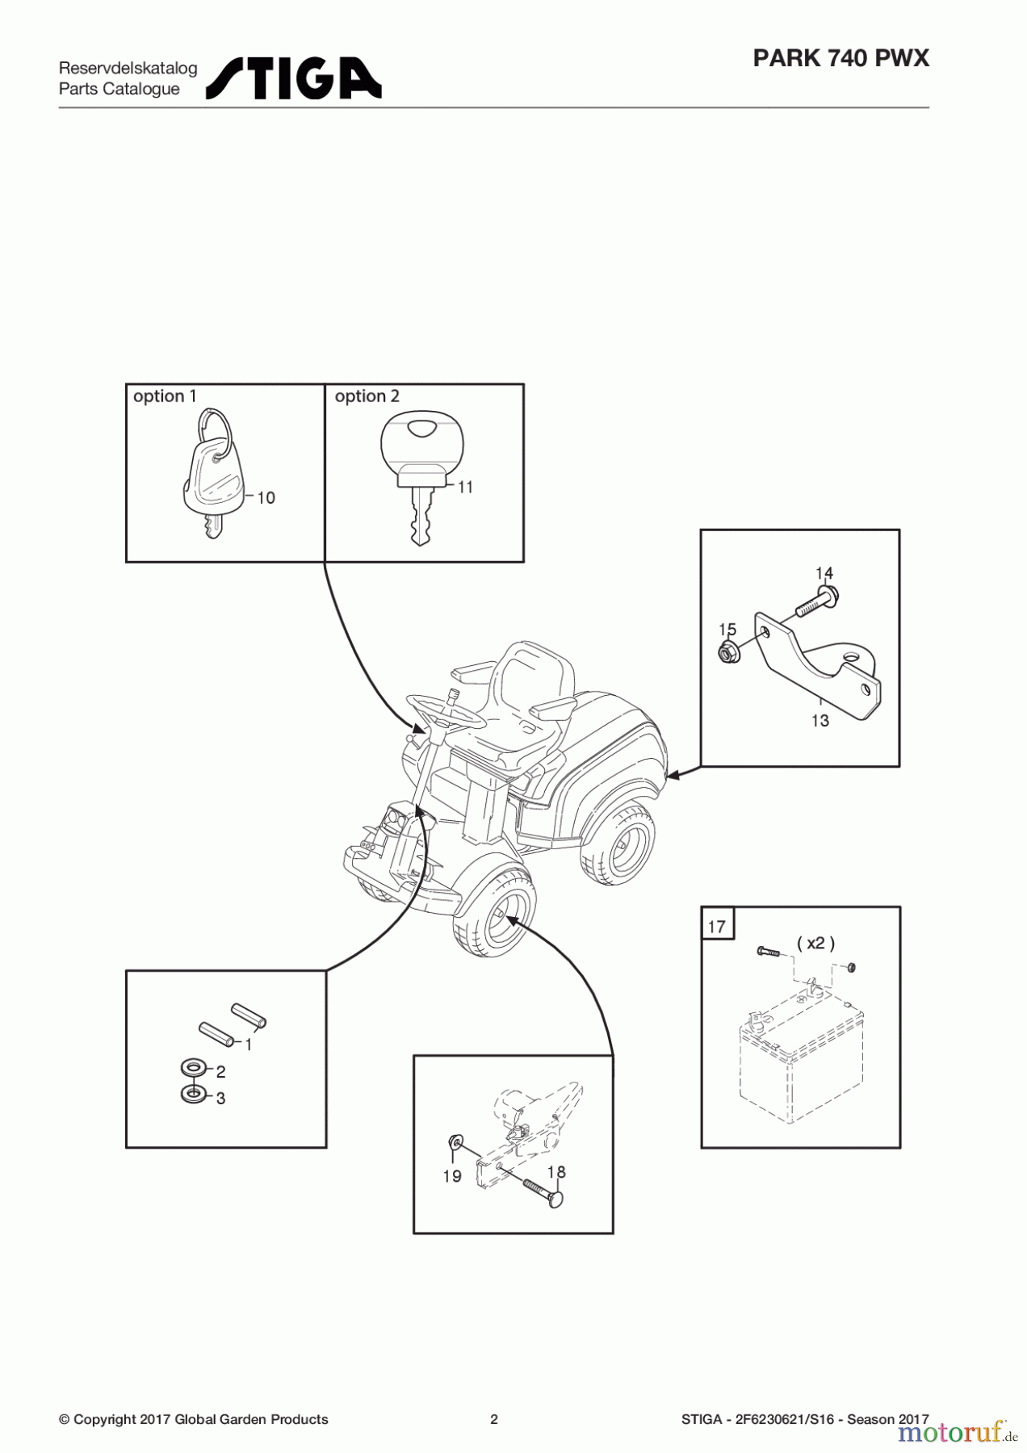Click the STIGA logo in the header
point(293,78)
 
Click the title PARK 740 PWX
point(840,58)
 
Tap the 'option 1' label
point(164,396)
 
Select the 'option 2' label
point(367,396)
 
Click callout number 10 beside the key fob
point(266,498)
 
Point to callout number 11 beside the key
point(465,488)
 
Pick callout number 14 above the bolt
point(824,573)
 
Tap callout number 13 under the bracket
point(820,720)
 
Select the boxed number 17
point(717,927)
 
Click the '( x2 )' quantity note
point(815,943)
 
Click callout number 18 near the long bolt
point(556,1172)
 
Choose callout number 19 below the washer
point(452,1176)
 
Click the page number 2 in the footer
point(494,1419)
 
